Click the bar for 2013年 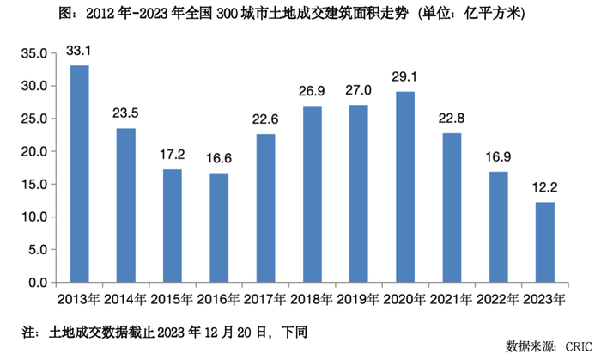pyautogui.click(x=79, y=174)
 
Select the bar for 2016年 pyautogui.click(x=219, y=228)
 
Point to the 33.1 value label pyautogui.click(x=79, y=52)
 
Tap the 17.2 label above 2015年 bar pyautogui.click(x=172, y=156)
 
